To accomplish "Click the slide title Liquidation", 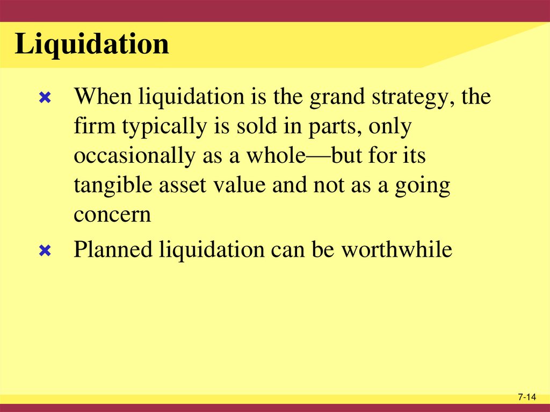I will click(x=92, y=45).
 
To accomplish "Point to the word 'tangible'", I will click(x=114, y=186).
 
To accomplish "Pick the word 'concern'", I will click(x=113, y=215).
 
